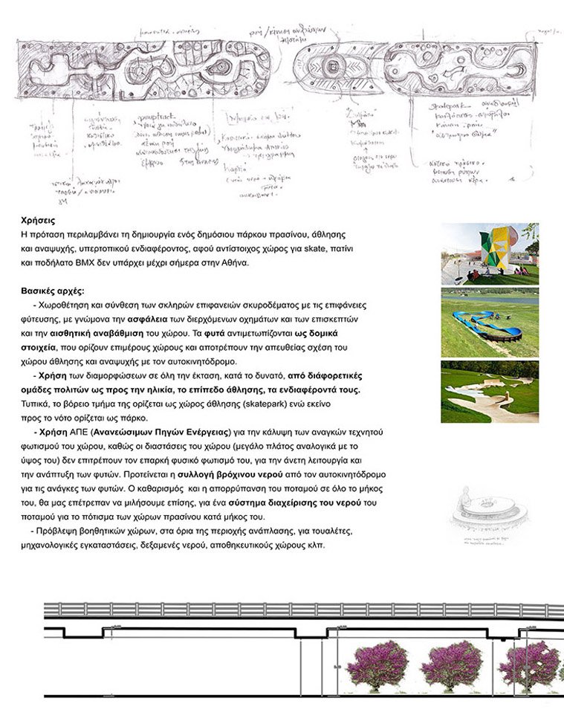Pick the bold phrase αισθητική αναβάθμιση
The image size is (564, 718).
click(x=91, y=333)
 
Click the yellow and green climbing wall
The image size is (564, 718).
click(x=499, y=253)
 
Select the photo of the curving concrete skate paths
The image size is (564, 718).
click(x=489, y=392)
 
